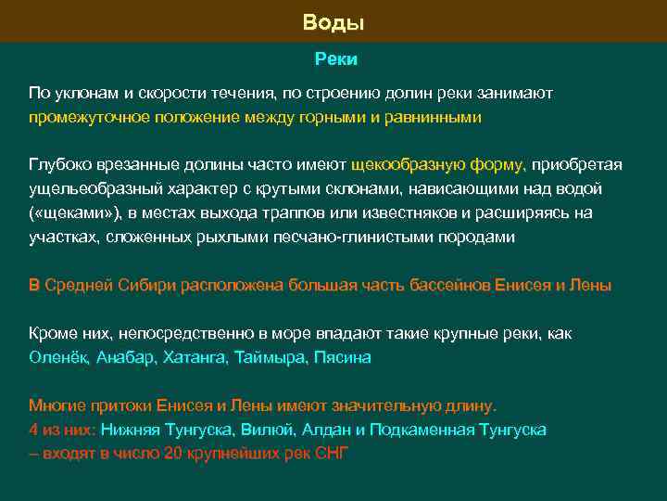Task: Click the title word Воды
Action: pos(333,22)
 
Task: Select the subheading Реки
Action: pos(334,59)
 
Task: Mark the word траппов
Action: pos(308,212)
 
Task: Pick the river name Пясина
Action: pos(342,357)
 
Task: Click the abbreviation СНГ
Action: pos(331,453)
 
